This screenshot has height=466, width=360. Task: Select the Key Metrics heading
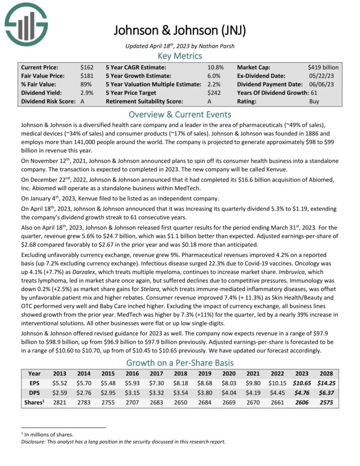179,56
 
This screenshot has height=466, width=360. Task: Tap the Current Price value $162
87,67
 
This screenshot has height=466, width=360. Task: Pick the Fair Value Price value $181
87,76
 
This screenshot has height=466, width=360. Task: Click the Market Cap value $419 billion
323,67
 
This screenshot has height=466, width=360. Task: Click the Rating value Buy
314,101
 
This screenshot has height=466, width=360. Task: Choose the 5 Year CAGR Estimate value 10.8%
215,67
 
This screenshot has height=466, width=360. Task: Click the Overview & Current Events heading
179,114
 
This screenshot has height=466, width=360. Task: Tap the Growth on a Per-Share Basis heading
179,363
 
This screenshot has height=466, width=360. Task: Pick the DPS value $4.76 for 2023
300,393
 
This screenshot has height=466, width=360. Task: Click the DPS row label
34,393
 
